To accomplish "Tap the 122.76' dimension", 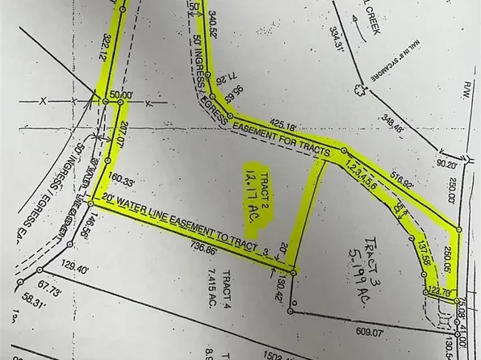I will (x=440, y=291).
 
